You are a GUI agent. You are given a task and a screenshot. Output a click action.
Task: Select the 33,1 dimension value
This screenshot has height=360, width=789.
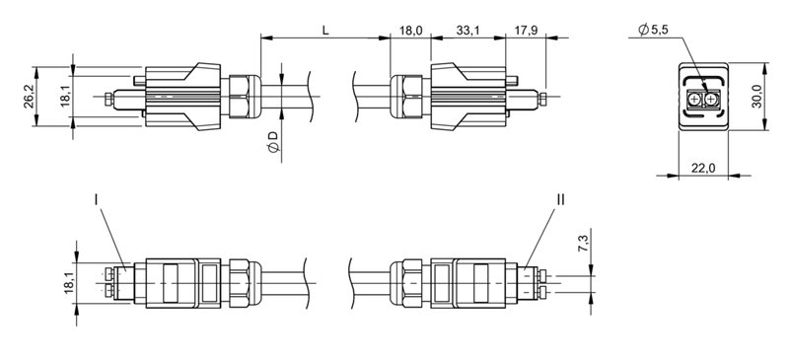[469, 30]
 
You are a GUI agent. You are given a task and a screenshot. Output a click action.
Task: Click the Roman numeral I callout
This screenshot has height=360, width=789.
[96, 199]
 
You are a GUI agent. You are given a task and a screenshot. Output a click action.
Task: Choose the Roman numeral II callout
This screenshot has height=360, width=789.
[560, 199]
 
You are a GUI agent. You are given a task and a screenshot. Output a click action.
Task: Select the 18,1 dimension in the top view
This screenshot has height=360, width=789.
[65, 96]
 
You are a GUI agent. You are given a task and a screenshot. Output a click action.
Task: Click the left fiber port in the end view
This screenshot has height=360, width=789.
[695, 101]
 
